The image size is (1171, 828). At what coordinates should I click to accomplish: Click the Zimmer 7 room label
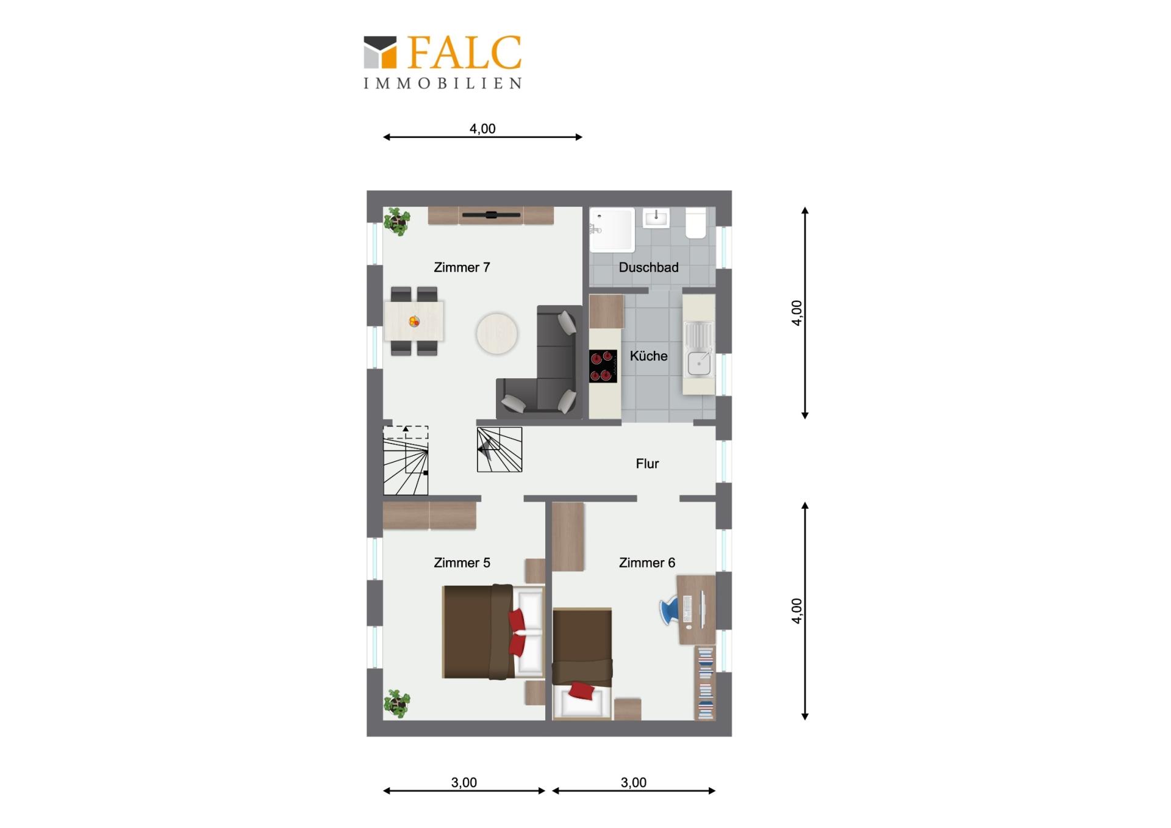point(462,267)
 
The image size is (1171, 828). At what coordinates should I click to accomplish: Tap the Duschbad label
point(648,267)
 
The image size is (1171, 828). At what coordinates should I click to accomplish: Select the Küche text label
point(648,356)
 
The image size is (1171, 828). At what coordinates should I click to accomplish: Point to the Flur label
point(647,464)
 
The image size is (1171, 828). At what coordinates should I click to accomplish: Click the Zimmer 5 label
point(462,563)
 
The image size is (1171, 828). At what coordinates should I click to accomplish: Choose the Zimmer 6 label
point(647,563)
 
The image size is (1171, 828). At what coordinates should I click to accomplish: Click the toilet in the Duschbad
point(696,223)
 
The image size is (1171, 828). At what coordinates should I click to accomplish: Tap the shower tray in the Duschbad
point(612,230)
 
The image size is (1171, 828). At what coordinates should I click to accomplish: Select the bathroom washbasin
point(656,218)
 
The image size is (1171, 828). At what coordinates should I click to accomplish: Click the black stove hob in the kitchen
point(603,366)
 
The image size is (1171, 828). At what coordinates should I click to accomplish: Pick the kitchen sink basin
point(699,364)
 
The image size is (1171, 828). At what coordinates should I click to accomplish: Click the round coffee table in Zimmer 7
point(497,334)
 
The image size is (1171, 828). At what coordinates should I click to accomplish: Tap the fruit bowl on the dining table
point(414,321)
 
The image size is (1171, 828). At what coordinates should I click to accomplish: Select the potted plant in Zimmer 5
point(397,704)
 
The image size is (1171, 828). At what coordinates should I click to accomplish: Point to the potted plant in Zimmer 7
point(397,221)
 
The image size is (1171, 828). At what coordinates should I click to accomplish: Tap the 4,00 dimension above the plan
point(482,129)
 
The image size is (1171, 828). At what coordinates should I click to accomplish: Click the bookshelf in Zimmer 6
point(706,683)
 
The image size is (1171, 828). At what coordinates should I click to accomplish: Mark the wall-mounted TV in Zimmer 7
point(491,215)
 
